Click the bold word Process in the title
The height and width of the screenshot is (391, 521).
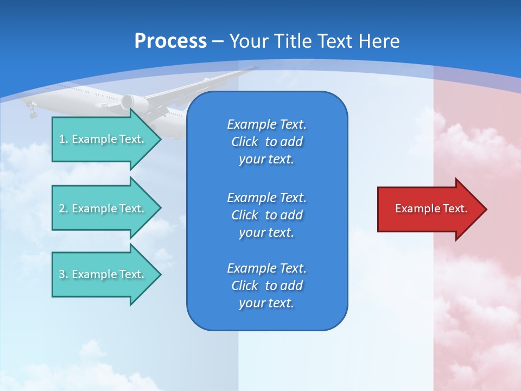click(x=170, y=41)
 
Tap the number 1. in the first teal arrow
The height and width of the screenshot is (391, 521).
click(x=63, y=139)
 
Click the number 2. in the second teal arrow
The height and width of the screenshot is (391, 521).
click(x=63, y=209)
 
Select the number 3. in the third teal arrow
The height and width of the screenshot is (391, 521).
click(x=63, y=274)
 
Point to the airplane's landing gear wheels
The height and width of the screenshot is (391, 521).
click(x=33, y=113)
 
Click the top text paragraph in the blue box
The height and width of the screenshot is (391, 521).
click(x=266, y=142)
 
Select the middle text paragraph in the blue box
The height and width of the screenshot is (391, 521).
click(x=266, y=215)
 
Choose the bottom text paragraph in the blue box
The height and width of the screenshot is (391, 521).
click(x=266, y=286)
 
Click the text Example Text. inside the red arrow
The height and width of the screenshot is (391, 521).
click(x=431, y=209)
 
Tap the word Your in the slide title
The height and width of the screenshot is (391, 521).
click(x=248, y=41)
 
